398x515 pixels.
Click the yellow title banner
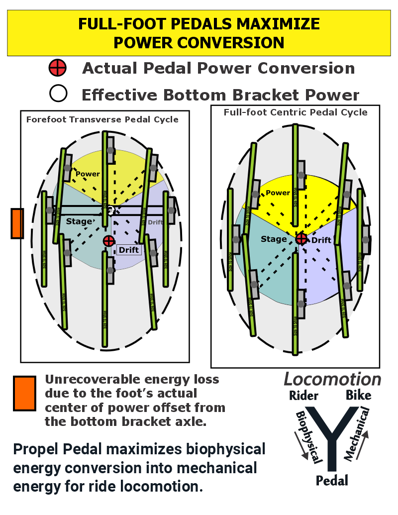[199, 33]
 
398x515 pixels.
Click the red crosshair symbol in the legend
[58, 68]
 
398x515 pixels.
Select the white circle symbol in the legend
[58, 94]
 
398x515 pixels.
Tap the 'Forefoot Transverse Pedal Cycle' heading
[102, 119]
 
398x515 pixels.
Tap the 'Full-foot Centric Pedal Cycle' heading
[296, 112]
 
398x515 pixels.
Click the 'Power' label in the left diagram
[88, 174]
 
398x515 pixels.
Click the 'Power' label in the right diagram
[278, 193]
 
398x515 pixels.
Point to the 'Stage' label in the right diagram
[274, 239]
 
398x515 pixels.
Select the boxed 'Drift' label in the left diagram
[129, 250]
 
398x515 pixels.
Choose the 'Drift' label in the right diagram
[321, 240]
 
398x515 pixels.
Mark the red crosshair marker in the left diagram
[108, 241]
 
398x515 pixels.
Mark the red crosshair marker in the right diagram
[301, 239]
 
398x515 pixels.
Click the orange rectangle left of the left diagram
[17, 223]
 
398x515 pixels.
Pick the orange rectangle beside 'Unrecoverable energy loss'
[24, 393]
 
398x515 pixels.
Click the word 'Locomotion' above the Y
[332, 380]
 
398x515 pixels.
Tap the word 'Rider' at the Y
[303, 396]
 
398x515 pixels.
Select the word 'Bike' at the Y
[358, 396]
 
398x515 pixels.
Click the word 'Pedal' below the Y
[332, 480]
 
